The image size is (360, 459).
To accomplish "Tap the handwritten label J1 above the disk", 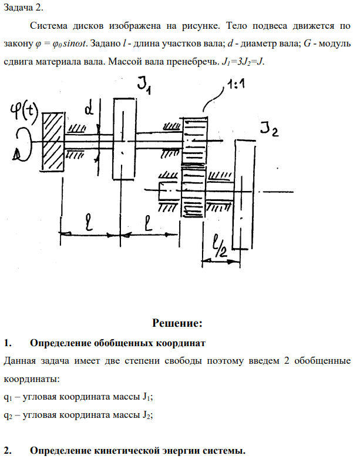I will pos(144,86).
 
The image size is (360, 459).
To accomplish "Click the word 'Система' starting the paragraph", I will pos(48,27).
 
